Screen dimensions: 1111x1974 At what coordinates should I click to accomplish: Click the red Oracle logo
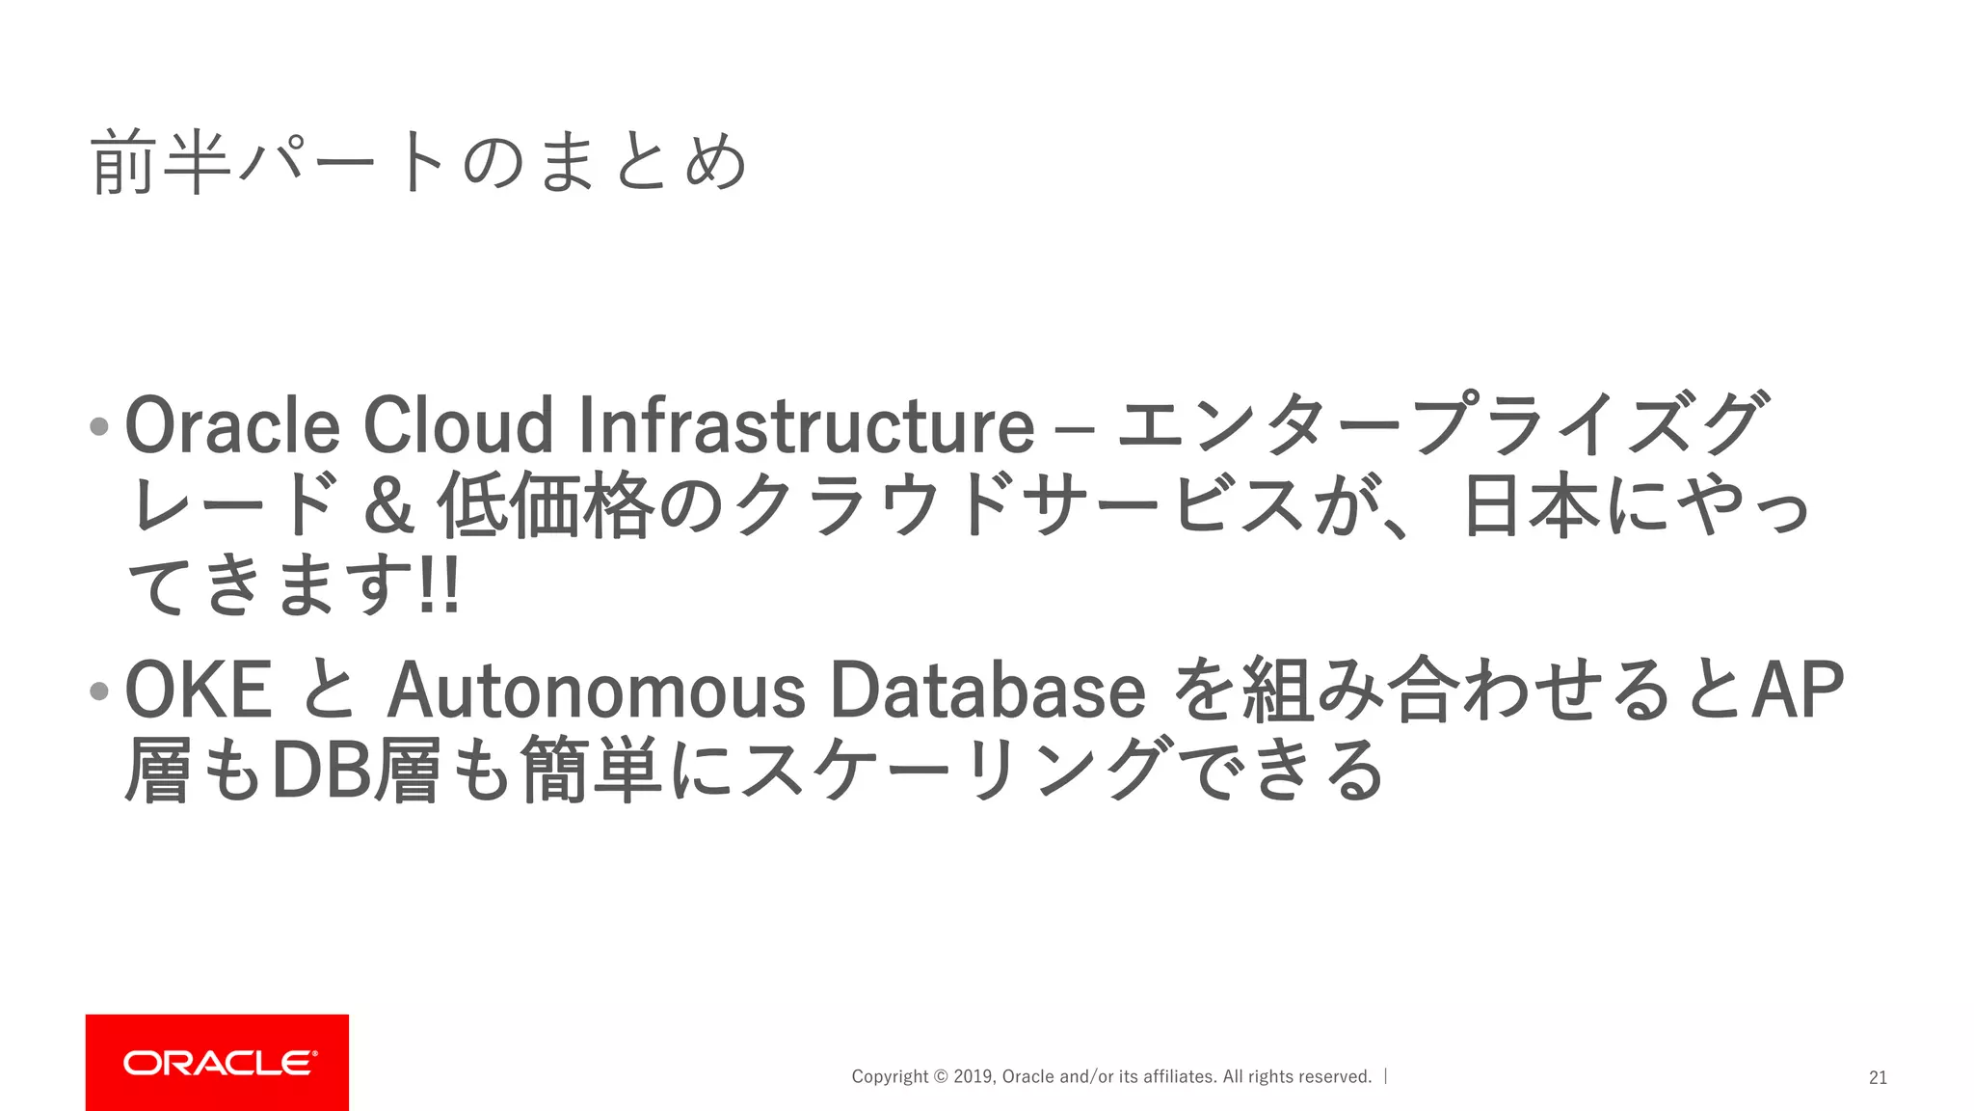(x=217, y=1062)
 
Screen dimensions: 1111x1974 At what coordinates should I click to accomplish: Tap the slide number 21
(x=1878, y=1078)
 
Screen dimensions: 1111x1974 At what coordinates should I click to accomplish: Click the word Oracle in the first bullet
(x=232, y=425)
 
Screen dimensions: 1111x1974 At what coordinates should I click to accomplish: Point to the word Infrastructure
(x=806, y=425)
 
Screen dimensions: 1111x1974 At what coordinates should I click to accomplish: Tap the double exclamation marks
(x=440, y=585)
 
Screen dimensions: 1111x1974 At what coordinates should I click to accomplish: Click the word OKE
(x=199, y=690)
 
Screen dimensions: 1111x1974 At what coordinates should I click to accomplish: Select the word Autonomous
(x=596, y=691)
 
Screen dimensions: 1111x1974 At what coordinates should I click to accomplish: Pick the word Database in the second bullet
(x=987, y=691)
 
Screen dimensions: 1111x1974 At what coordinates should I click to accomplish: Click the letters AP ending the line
(x=1797, y=690)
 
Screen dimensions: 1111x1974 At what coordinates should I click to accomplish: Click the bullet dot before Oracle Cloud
(x=98, y=426)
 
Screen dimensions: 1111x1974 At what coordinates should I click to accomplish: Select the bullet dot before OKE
(x=98, y=691)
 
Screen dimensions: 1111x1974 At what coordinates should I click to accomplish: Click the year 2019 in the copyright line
(x=973, y=1077)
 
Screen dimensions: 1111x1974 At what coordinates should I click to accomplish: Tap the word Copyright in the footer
(x=890, y=1077)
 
